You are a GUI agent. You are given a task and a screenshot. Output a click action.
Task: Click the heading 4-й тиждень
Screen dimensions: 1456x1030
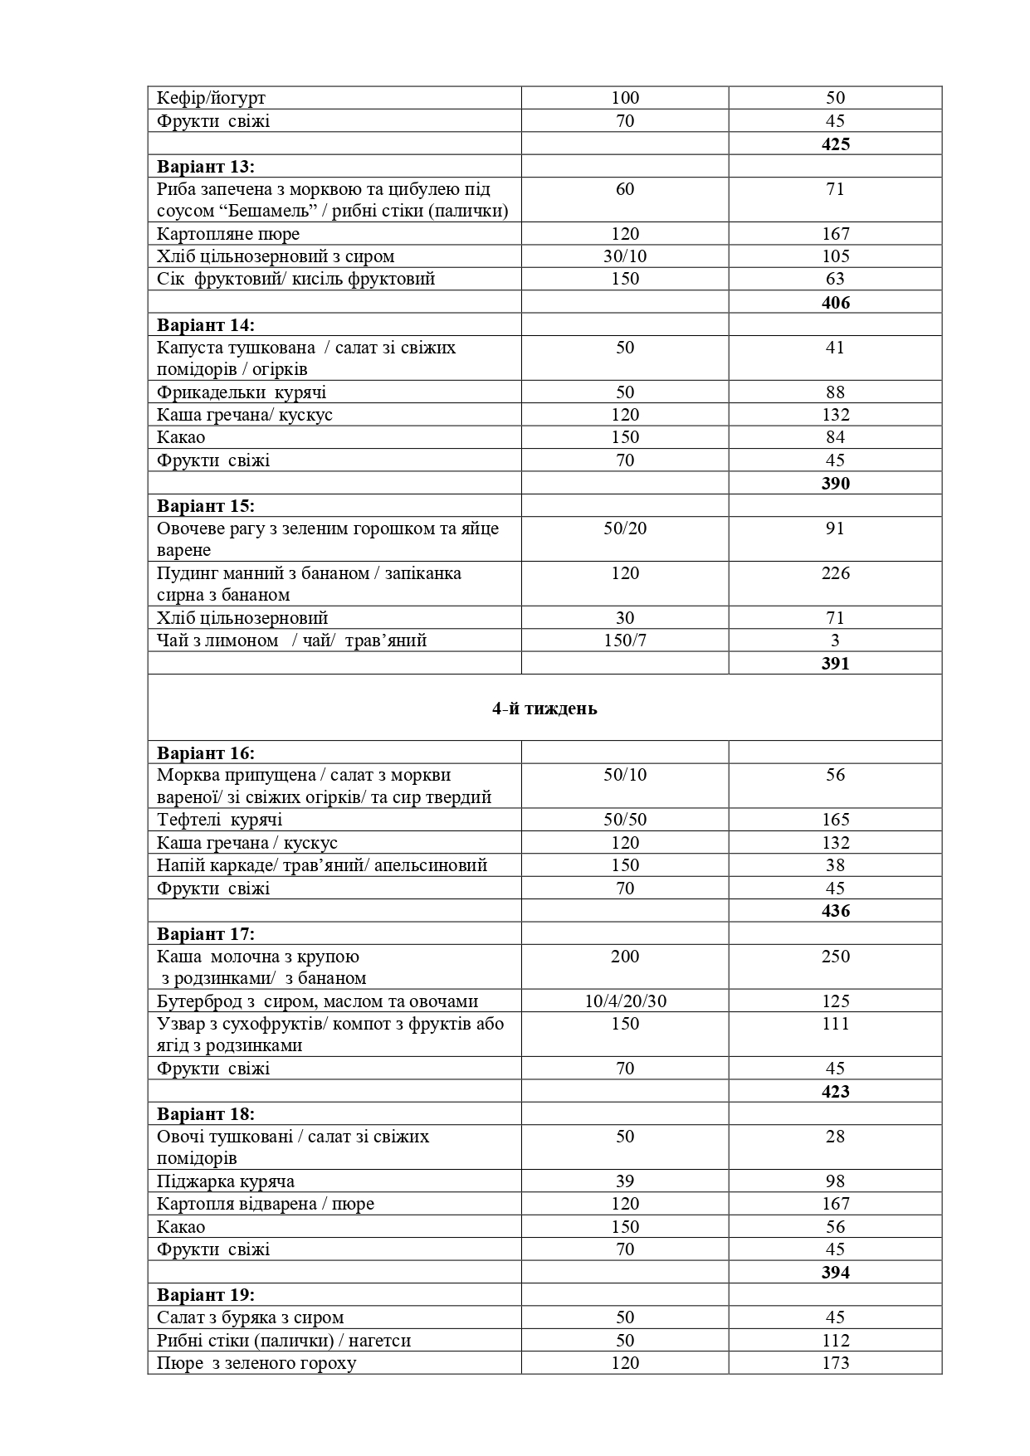(x=544, y=709)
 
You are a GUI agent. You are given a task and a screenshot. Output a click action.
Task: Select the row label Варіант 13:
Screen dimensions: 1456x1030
(x=206, y=166)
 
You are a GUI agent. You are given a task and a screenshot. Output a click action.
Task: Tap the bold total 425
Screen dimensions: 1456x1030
(x=835, y=144)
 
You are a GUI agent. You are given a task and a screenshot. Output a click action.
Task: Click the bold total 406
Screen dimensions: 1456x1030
(x=835, y=302)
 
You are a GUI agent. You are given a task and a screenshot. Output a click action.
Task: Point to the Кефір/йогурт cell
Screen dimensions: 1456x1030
(x=212, y=98)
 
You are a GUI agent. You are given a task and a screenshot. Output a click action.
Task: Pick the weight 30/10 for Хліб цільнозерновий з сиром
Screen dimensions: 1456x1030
(x=625, y=256)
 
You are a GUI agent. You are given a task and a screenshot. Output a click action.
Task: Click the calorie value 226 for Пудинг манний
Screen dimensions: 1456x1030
(x=835, y=573)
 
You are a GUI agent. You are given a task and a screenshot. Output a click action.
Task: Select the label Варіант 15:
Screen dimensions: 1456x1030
(x=206, y=505)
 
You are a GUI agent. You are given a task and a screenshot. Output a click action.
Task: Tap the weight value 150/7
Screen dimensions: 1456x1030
(x=625, y=640)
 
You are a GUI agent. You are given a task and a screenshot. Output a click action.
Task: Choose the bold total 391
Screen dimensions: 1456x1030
(x=835, y=663)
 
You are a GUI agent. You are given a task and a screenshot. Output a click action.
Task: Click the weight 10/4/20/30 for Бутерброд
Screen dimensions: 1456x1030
(x=625, y=1001)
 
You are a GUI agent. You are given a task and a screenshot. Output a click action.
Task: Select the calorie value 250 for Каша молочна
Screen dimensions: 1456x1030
(x=835, y=957)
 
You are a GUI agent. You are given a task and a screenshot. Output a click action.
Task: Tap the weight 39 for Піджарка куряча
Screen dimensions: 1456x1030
(x=625, y=1181)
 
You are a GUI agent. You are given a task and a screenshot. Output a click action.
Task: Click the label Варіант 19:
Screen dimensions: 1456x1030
(x=206, y=1294)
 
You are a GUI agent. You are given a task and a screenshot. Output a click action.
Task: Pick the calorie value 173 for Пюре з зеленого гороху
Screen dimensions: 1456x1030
(x=835, y=1363)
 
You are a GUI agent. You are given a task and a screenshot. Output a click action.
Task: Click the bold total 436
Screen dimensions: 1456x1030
(x=835, y=911)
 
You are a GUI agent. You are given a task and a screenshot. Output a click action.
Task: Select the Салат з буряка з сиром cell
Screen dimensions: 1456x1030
(x=251, y=1317)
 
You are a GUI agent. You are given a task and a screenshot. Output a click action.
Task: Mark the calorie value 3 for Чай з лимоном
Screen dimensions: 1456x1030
(x=835, y=640)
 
